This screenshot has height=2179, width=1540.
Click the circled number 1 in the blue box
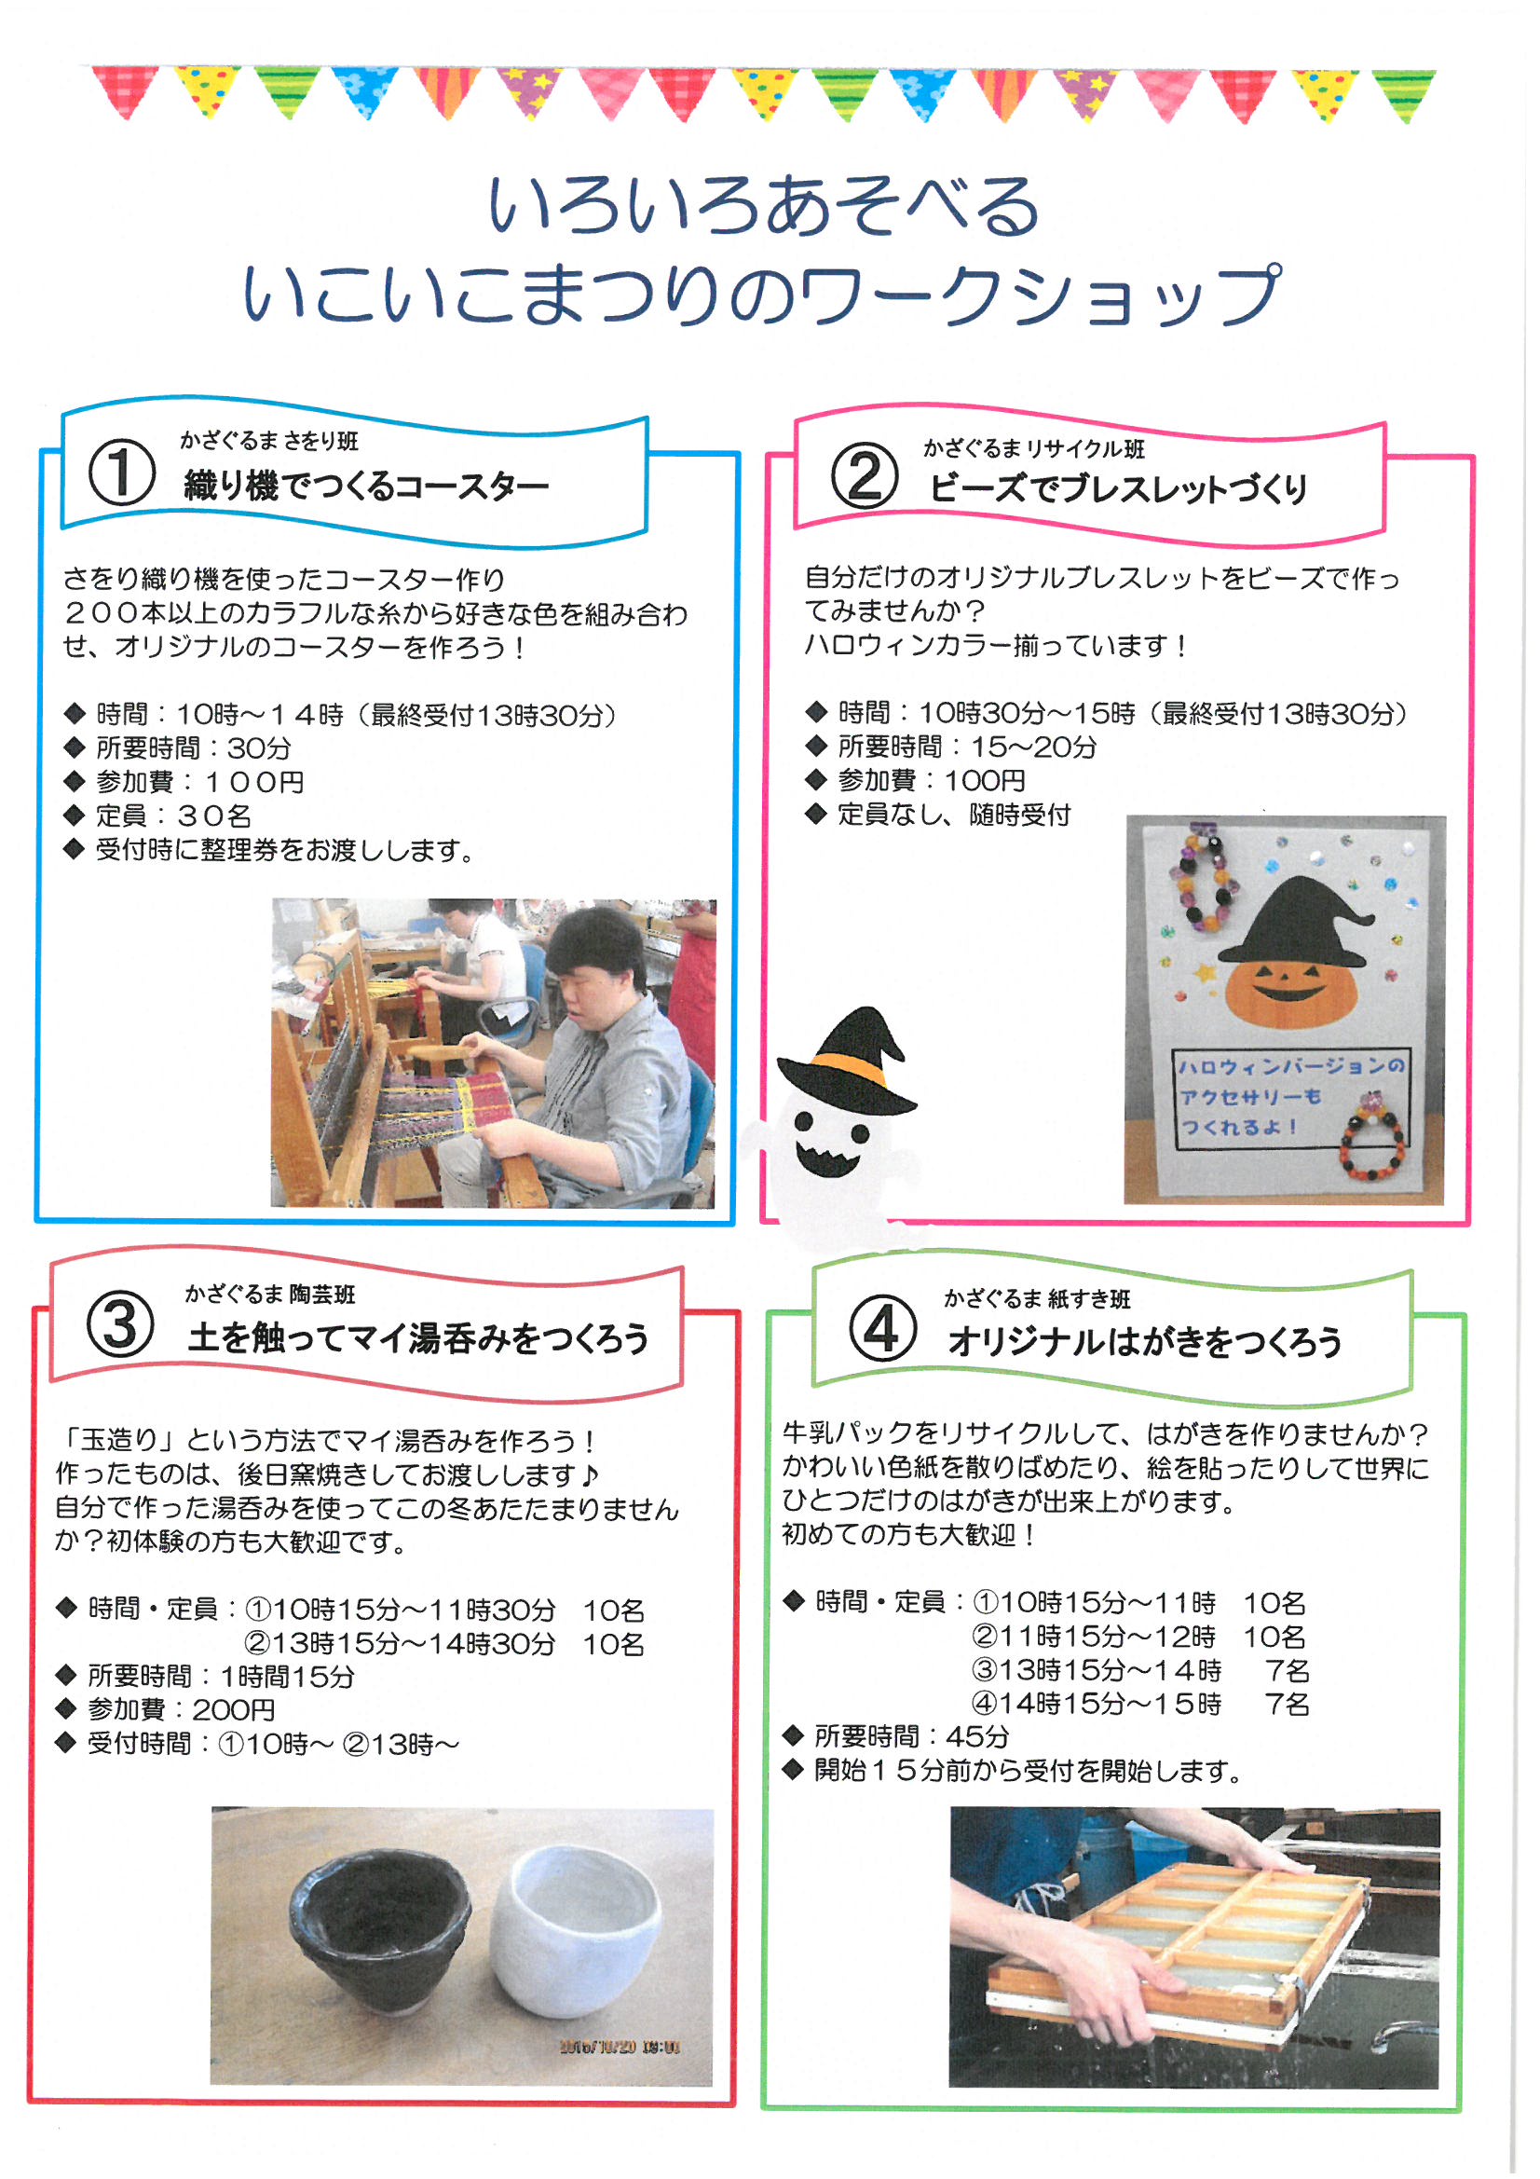coord(122,472)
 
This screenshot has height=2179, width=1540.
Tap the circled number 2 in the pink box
coord(865,474)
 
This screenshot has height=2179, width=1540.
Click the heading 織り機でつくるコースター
coord(366,486)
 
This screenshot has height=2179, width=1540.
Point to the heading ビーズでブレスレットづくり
coord(1119,488)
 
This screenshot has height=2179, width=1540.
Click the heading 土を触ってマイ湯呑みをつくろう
coord(418,1338)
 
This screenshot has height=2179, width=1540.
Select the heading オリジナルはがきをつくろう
coord(1144,1341)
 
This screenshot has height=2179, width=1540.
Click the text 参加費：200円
coord(182,1709)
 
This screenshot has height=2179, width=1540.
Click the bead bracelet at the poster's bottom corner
coord(1372,1139)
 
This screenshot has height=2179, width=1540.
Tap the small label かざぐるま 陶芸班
coord(270,1294)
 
